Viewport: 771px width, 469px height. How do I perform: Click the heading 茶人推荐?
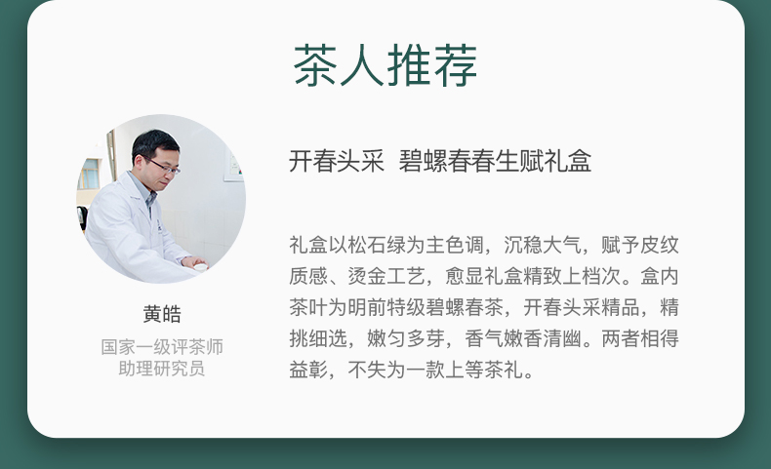[385, 65]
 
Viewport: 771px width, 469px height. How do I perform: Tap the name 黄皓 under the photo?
[162, 314]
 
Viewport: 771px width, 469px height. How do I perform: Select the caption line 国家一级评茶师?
[162, 347]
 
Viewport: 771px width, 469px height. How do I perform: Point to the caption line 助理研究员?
[162, 369]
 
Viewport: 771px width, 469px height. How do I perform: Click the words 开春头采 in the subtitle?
[337, 161]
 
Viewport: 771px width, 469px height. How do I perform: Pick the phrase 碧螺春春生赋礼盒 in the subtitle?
[495, 161]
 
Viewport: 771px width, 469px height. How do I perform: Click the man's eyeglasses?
[164, 166]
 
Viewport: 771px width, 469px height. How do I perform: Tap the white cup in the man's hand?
[201, 267]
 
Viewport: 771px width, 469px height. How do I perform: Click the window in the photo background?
[90, 174]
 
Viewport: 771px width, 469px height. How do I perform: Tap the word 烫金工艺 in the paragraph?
[386, 276]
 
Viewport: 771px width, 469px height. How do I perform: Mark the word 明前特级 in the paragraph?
[386, 307]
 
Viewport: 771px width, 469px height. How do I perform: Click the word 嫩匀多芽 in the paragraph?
[406, 339]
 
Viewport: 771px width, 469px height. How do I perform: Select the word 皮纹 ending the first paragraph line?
[660, 245]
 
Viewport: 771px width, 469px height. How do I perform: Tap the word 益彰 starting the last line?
[308, 370]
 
